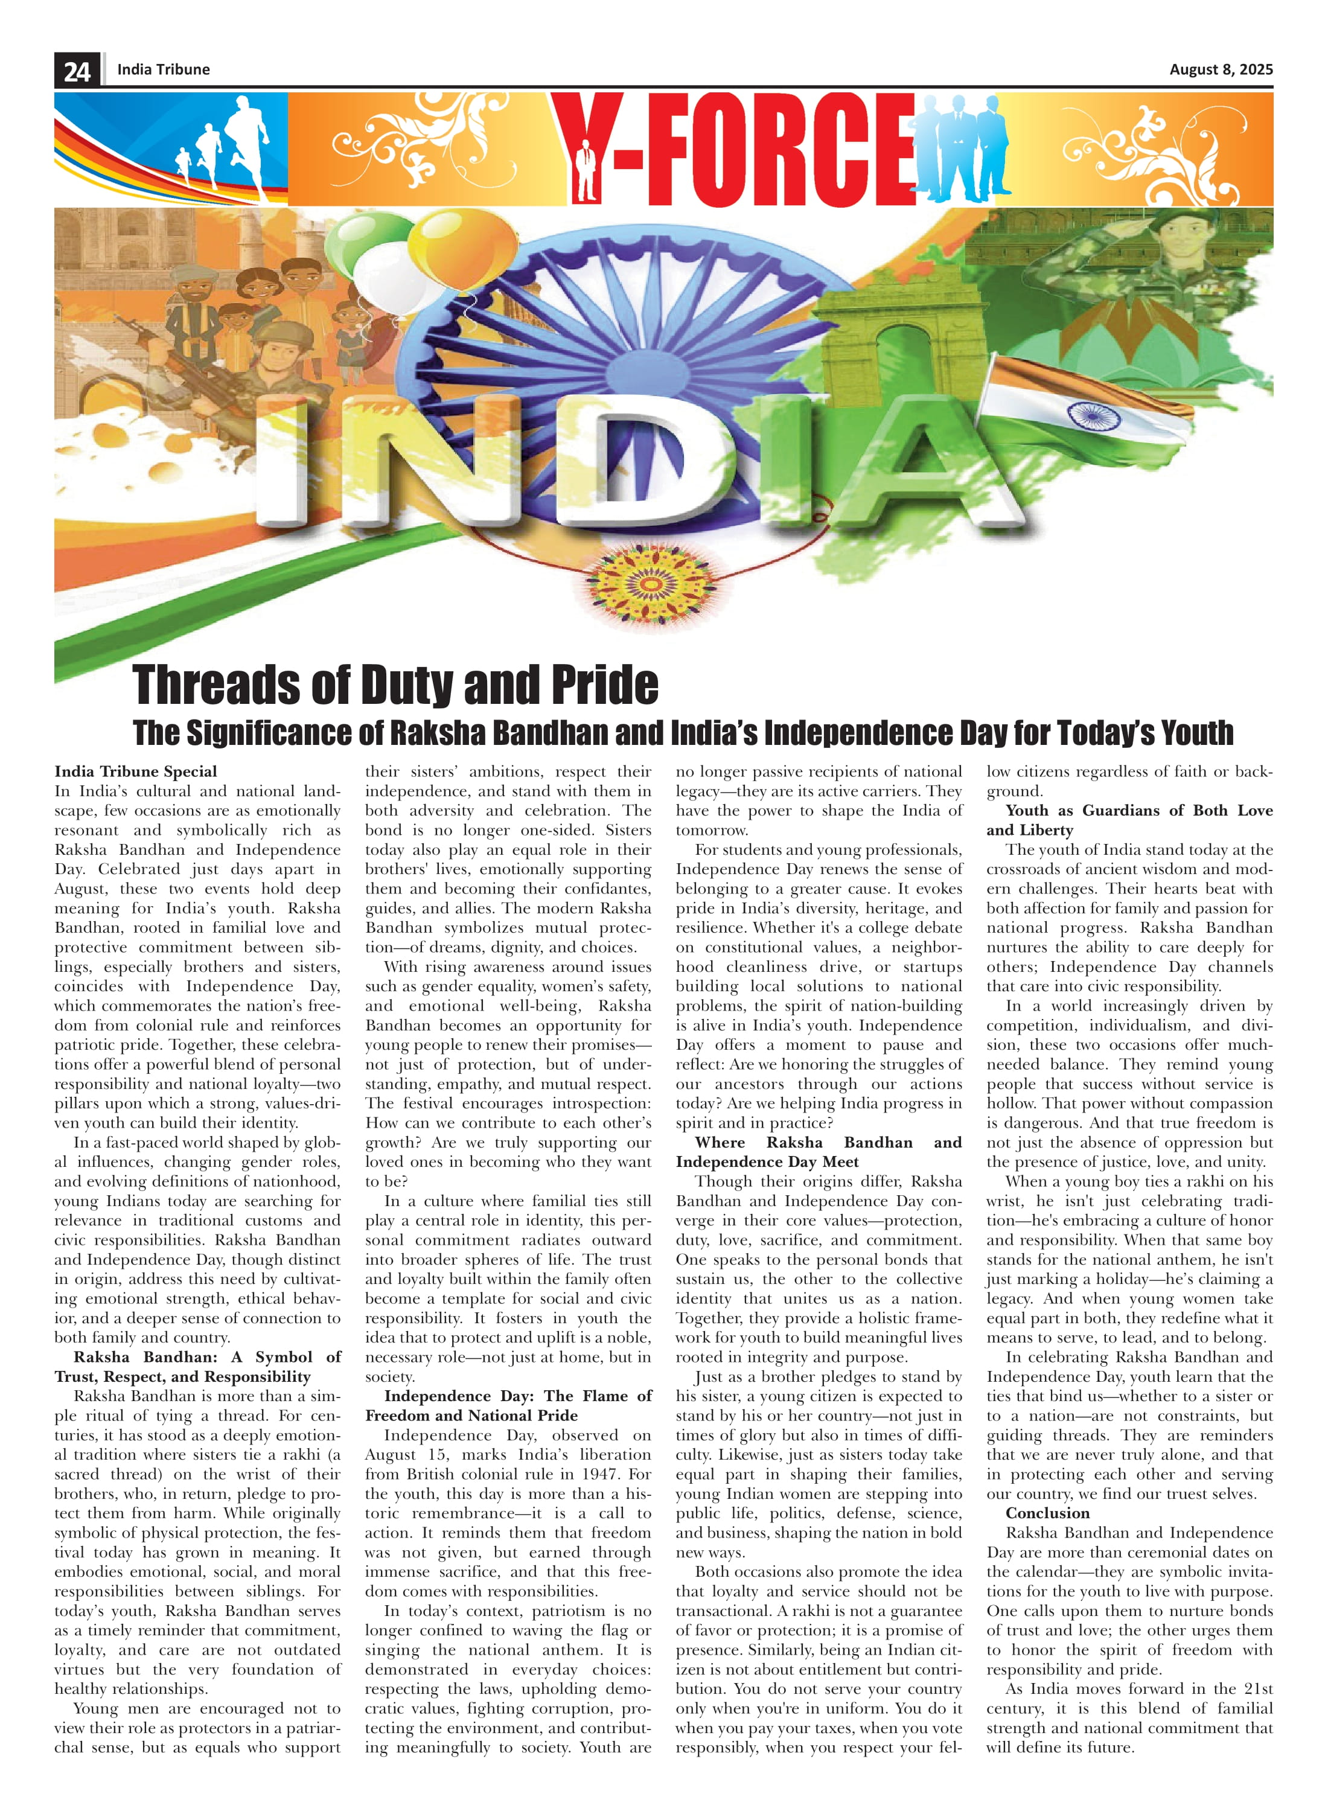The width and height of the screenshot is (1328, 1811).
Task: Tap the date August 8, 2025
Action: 1221,69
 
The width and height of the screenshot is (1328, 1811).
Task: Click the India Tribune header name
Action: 163,69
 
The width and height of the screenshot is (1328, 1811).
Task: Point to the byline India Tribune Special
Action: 135,771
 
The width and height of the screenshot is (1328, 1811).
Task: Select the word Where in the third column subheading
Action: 720,1142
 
